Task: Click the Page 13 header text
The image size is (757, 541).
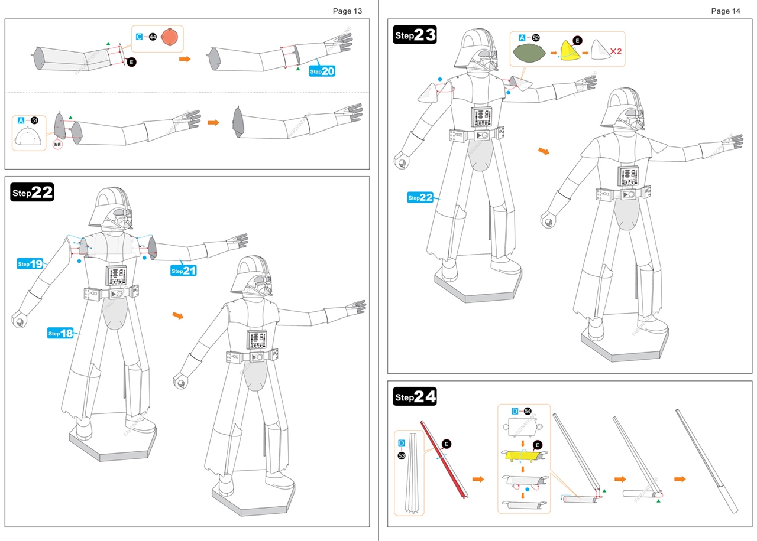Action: (x=347, y=11)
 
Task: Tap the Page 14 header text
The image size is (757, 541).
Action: (x=726, y=11)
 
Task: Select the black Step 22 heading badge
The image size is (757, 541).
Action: (x=32, y=192)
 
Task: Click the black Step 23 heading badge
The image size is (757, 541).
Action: (x=415, y=35)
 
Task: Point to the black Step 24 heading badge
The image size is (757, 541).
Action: (x=415, y=397)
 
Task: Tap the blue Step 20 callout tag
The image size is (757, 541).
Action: (x=322, y=71)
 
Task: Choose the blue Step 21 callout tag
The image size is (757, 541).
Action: (x=183, y=270)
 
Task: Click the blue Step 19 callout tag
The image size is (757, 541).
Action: (x=30, y=263)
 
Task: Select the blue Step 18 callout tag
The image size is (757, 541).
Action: (x=60, y=333)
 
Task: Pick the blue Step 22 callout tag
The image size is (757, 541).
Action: (x=420, y=197)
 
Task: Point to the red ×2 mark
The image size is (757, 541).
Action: (x=616, y=51)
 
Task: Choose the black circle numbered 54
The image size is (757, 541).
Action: (x=528, y=411)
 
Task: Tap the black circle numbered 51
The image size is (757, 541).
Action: (x=34, y=120)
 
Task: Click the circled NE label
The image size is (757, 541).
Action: (x=57, y=144)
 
